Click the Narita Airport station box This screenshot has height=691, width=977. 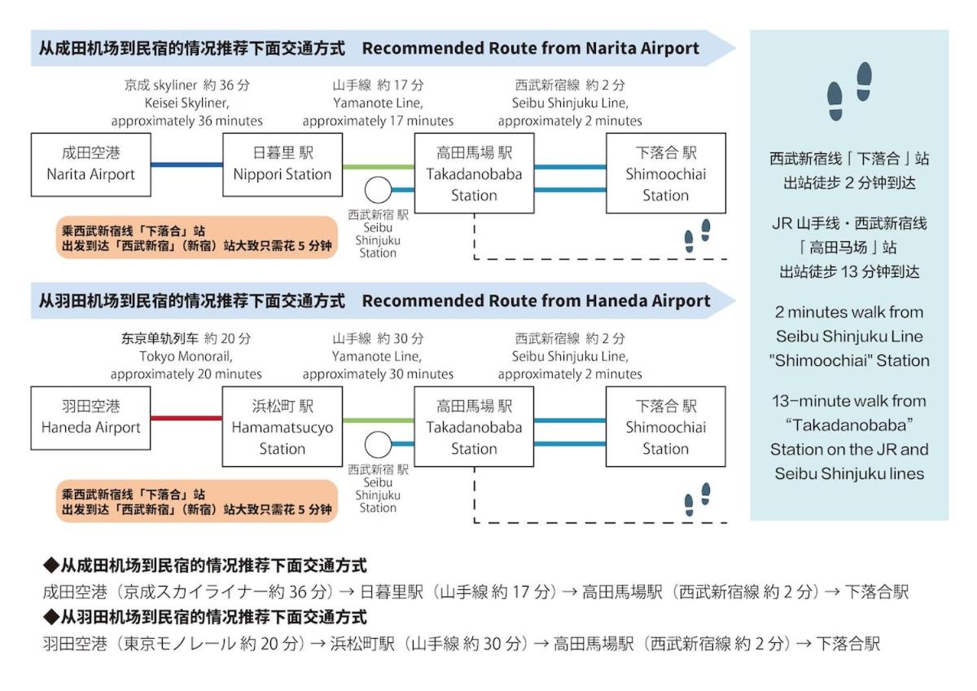tap(90, 165)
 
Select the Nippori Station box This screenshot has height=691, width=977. tap(283, 165)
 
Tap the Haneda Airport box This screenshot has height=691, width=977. tap(90, 418)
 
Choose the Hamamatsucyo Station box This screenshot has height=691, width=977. tap(283, 427)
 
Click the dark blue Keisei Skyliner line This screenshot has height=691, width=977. tap(186, 165)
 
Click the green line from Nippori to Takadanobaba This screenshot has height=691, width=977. tap(379, 166)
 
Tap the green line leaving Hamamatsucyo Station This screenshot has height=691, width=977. tap(379, 420)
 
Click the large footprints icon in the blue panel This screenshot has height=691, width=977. tap(849, 91)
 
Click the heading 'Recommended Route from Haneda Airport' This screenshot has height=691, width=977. tap(536, 301)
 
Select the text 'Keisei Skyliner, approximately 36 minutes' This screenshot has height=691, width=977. tap(186, 112)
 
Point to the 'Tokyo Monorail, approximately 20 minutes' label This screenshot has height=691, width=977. tap(186, 365)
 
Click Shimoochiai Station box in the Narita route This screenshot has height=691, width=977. tap(665, 174)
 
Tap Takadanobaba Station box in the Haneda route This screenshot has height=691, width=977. tap(474, 427)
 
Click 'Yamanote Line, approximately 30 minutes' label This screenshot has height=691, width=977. tap(378, 365)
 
